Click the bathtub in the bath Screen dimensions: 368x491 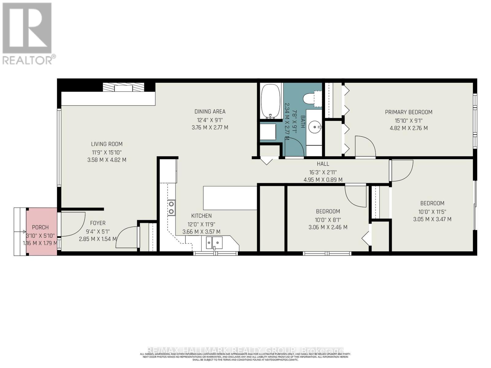pos(270,101)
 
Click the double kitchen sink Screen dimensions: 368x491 pos(214,243)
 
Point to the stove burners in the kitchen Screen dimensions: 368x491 pos(171,208)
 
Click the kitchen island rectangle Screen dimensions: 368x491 pos(230,198)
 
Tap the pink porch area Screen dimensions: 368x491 pos(41,232)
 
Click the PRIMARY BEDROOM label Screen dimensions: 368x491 pos(408,112)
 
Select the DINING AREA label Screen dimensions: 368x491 pos(210,112)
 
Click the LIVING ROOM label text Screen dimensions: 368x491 pos(106,144)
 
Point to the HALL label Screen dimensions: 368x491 pos(323,164)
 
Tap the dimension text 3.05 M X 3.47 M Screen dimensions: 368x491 pos(432,219)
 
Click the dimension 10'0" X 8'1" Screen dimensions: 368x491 pos(328,220)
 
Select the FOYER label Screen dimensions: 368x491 pos(98,223)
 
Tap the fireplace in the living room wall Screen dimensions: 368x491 pos(123,87)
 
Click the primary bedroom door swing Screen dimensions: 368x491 pos(365,146)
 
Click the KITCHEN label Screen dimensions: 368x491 pos(201,216)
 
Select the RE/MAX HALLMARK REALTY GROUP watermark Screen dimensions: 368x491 pos(245,350)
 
